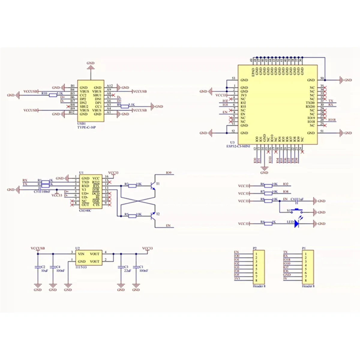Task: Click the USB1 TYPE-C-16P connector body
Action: click(x=91, y=101)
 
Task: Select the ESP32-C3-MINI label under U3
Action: click(x=238, y=146)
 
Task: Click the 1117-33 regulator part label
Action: click(x=81, y=267)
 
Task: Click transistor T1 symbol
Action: click(x=153, y=185)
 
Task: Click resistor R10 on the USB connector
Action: click(x=53, y=95)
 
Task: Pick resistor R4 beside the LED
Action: click(x=268, y=223)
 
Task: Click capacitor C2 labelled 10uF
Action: click(x=37, y=267)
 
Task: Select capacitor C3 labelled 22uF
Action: click(x=121, y=267)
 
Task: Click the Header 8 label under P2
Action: click(x=259, y=286)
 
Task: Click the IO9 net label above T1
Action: click(x=169, y=173)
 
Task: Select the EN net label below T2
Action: click(x=168, y=226)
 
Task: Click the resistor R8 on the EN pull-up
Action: click(x=268, y=201)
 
